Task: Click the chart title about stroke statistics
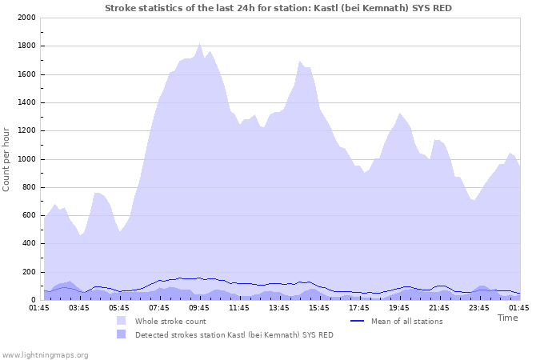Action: [x=283, y=8]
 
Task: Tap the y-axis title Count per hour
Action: [x=7, y=158]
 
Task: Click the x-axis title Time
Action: [x=507, y=318]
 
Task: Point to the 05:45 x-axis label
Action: [x=119, y=307]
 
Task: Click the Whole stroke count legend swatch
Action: [x=122, y=321]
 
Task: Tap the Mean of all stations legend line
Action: [x=358, y=321]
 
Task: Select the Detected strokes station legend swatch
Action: [x=122, y=334]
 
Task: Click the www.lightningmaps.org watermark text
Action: [x=45, y=354]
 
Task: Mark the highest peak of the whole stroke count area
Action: [x=200, y=45]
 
